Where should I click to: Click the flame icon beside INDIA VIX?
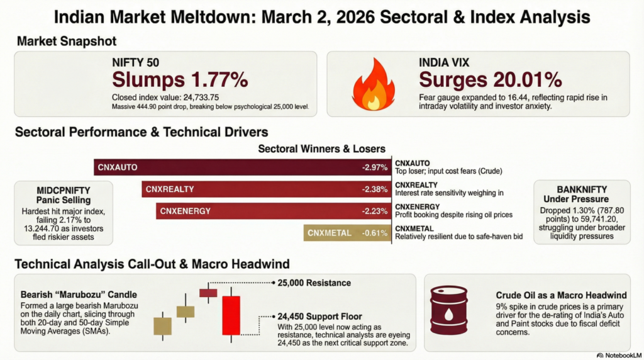[x=374, y=85]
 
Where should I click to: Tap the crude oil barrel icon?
[x=448, y=310]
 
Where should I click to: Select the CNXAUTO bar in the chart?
[x=242, y=167]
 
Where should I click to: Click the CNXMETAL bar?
[x=347, y=233]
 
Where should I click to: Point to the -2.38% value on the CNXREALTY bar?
[x=375, y=189]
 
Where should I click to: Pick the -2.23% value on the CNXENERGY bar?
[x=375, y=211]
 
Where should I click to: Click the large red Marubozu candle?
[x=231, y=315]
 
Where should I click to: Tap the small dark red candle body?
[x=208, y=293]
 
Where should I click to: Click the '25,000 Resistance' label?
[x=314, y=283]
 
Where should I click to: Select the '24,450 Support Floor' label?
[x=319, y=317]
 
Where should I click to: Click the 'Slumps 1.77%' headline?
[x=180, y=79]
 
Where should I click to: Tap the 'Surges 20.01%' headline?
[x=491, y=79]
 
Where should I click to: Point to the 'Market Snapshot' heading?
[x=67, y=41]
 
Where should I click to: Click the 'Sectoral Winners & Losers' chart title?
[x=321, y=149]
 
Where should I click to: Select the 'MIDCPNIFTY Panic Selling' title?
[x=64, y=195]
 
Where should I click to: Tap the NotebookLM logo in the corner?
[x=619, y=356]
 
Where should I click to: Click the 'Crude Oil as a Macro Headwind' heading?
[x=561, y=295]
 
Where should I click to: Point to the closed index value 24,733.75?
[x=165, y=98]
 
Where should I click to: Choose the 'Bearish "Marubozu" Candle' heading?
[x=79, y=295]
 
